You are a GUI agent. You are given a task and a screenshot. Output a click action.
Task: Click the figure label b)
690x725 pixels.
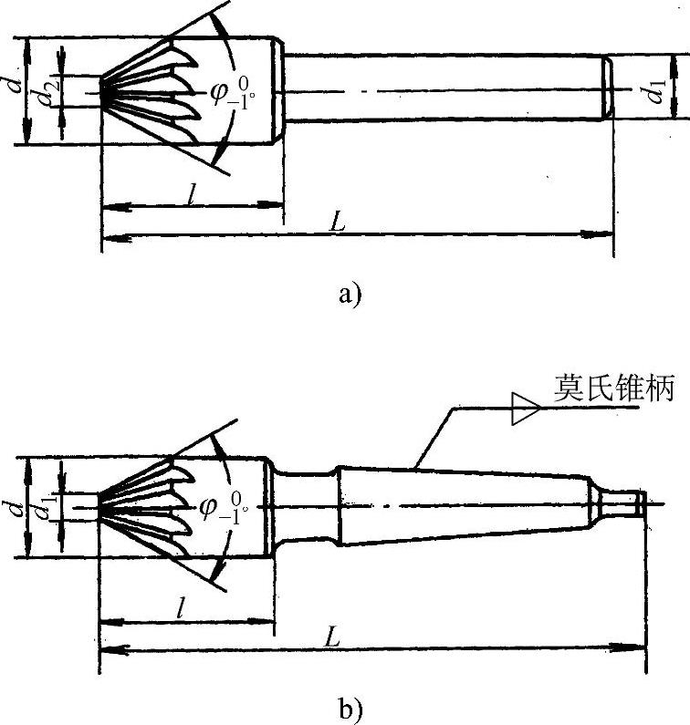point(350,706)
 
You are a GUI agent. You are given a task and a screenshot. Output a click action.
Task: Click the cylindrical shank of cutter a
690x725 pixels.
point(447,88)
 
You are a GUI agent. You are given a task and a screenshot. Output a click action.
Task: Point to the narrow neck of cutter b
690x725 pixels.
point(306,506)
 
